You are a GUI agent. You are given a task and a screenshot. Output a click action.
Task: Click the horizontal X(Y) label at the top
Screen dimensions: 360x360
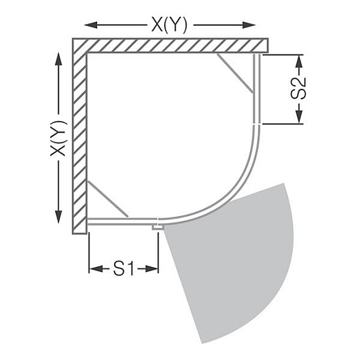coord(169,24)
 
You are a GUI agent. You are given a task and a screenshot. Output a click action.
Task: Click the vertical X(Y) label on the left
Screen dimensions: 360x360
coord(59,138)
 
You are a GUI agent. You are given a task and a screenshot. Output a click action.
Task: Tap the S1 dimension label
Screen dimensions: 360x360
coord(124,268)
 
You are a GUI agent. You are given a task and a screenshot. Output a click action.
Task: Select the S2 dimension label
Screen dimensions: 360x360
coord(298,89)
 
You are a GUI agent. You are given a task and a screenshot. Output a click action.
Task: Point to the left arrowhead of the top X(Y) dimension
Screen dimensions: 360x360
coord(91,24)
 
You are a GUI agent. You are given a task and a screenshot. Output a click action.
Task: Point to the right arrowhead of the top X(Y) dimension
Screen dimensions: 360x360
coord(249,24)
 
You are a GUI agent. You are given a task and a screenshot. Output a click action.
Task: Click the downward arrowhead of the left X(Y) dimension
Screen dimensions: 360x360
coord(59,217)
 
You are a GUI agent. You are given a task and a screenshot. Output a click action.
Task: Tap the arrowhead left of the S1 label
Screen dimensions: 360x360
coord(96,268)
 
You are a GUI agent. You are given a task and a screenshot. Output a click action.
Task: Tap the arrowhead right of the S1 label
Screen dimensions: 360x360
coord(152,268)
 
